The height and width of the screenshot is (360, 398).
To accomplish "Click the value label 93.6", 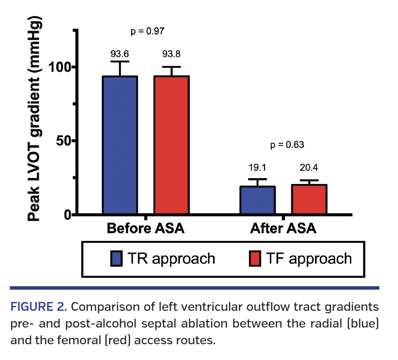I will click(x=119, y=53).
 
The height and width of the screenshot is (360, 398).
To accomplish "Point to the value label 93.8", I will click(x=171, y=53).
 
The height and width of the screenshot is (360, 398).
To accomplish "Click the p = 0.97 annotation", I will click(x=147, y=31).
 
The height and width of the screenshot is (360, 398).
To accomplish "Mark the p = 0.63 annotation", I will click(x=287, y=145).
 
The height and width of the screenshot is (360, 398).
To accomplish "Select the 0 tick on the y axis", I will click(x=67, y=215).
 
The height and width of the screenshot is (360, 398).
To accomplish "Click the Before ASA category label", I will click(x=145, y=229).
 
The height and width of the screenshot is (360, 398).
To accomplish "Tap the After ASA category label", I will click(x=284, y=229).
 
